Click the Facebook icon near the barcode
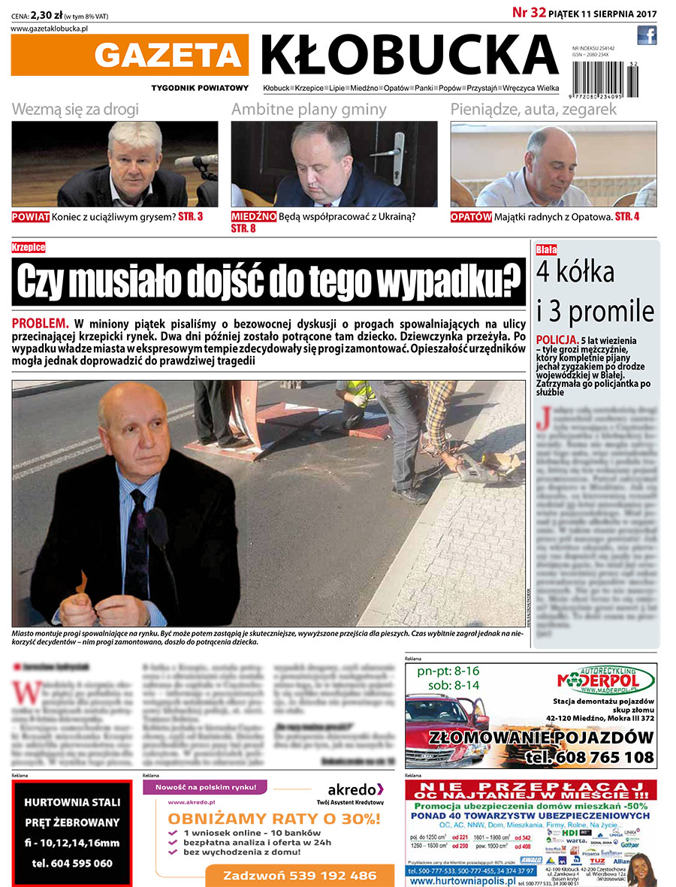tap(647, 35)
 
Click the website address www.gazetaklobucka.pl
tap(50, 28)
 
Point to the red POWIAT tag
tap(31, 217)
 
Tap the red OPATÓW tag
tap(471, 217)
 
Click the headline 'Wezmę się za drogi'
tap(75, 109)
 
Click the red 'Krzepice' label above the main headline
tap(29, 247)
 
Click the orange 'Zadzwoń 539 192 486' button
tap(300, 876)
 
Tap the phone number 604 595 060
tap(72, 864)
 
